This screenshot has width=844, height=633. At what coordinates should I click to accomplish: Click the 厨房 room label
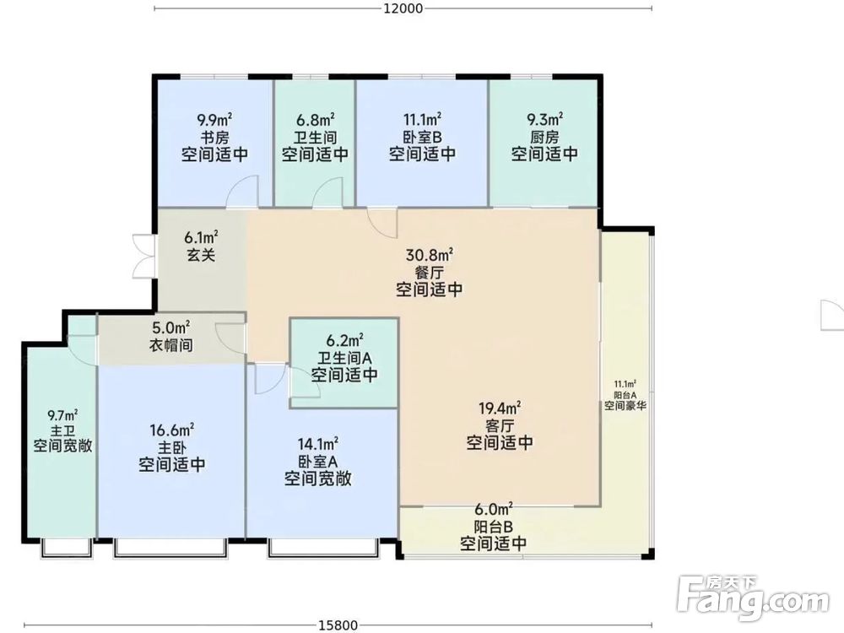[x=544, y=137]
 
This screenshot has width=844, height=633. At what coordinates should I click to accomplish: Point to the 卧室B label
[x=423, y=137]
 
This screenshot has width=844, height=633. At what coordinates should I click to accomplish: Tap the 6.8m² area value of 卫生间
[x=316, y=120]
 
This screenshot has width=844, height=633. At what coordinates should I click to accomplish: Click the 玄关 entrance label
[x=201, y=254]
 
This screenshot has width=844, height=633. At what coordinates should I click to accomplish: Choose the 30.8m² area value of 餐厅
[x=430, y=254]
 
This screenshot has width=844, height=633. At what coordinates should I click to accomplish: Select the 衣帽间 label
[x=170, y=345]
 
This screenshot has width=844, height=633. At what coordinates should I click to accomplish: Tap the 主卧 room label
[x=171, y=447]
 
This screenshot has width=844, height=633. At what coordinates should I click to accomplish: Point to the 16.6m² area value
[x=171, y=430]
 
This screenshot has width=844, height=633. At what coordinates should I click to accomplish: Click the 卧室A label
[x=318, y=461]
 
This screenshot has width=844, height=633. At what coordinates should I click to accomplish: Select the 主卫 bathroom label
[x=62, y=430]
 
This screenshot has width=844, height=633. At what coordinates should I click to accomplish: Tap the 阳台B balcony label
[x=494, y=527]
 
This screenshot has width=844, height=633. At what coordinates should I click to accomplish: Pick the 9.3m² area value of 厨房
[x=544, y=120]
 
